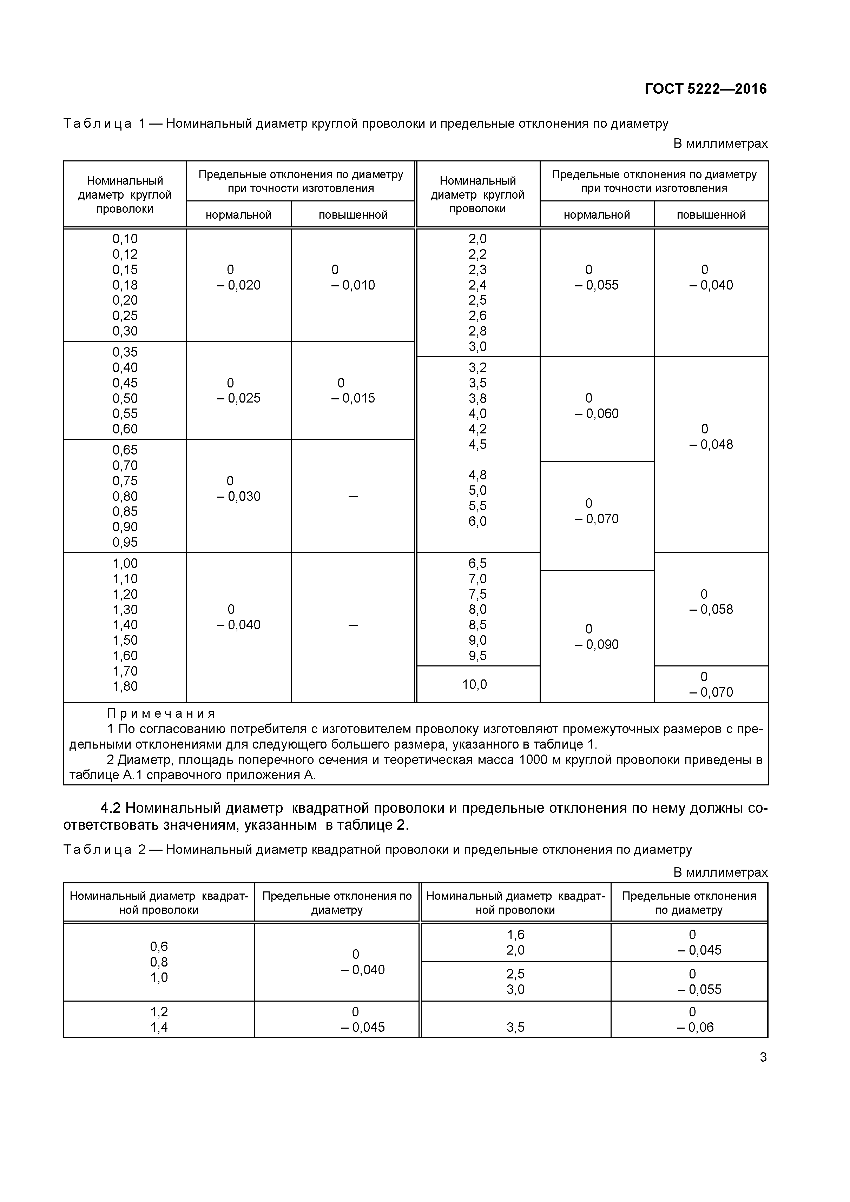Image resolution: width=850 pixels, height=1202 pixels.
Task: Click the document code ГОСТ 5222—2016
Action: (x=705, y=89)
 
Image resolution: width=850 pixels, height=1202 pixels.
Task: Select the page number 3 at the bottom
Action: (x=763, y=1057)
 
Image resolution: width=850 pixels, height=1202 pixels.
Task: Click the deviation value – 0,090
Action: (x=597, y=644)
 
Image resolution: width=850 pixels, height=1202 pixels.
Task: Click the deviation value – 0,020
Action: (x=238, y=285)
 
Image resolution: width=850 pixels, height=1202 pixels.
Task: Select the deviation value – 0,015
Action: (x=353, y=398)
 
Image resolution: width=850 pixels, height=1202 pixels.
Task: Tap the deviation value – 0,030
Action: (x=238, y=496)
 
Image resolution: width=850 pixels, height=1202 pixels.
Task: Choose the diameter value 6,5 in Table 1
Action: (x=477, y=563)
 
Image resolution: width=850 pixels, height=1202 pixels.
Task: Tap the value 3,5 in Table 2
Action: (x=515, y=1027)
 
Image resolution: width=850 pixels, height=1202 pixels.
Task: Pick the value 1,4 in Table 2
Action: (x=159, y=1027)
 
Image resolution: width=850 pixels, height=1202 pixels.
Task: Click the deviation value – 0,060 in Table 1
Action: (x=597, y=413)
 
